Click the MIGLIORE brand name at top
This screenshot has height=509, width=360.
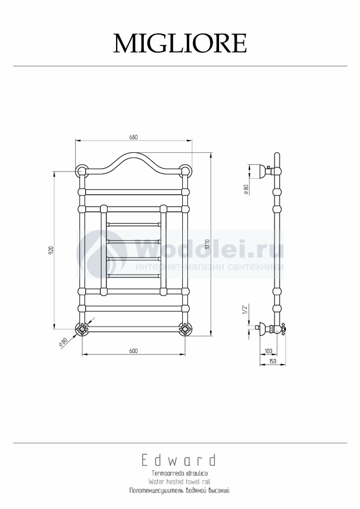[180, 43]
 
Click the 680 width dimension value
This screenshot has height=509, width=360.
[134, 137]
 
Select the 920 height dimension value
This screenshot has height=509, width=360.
[50, 250]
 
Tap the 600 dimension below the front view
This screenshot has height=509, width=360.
[134, 351]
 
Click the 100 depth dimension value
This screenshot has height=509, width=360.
[268, 351]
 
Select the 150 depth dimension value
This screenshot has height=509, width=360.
[272, 361]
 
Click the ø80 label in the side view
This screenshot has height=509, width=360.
[246, 189]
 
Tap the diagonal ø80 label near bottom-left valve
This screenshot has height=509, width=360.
[63, 343]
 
